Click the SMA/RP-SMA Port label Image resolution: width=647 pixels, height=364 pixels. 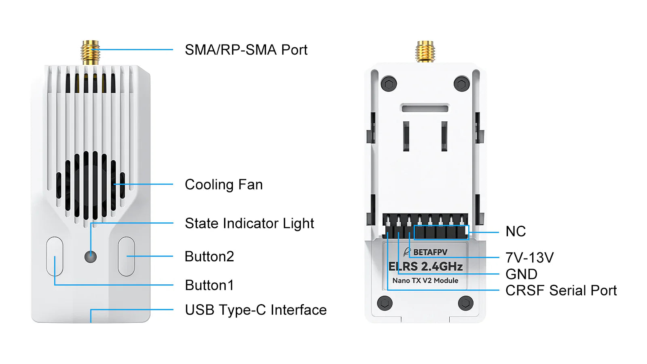246,50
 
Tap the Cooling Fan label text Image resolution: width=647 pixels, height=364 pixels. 224,184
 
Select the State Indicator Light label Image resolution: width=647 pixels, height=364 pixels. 249,223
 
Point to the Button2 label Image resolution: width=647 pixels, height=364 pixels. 209,256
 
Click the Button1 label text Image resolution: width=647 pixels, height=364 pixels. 209,285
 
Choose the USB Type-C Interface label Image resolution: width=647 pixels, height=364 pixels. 256,310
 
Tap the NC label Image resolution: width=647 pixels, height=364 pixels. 516,231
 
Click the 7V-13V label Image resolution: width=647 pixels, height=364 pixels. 529,258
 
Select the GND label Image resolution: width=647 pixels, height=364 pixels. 521,274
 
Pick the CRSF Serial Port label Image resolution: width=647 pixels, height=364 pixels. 561,290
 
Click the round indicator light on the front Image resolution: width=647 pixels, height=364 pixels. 91,256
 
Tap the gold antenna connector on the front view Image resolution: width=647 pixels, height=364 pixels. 91,52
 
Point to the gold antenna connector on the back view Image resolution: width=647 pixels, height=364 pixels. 425,51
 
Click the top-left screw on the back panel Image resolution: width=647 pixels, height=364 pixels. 389,84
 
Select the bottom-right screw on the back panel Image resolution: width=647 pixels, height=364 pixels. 465,303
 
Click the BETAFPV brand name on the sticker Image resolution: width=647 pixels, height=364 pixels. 430,252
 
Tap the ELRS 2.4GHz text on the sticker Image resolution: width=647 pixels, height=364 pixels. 425,267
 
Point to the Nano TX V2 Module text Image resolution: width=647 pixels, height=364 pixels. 425,281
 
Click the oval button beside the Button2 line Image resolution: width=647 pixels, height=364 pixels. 126,256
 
